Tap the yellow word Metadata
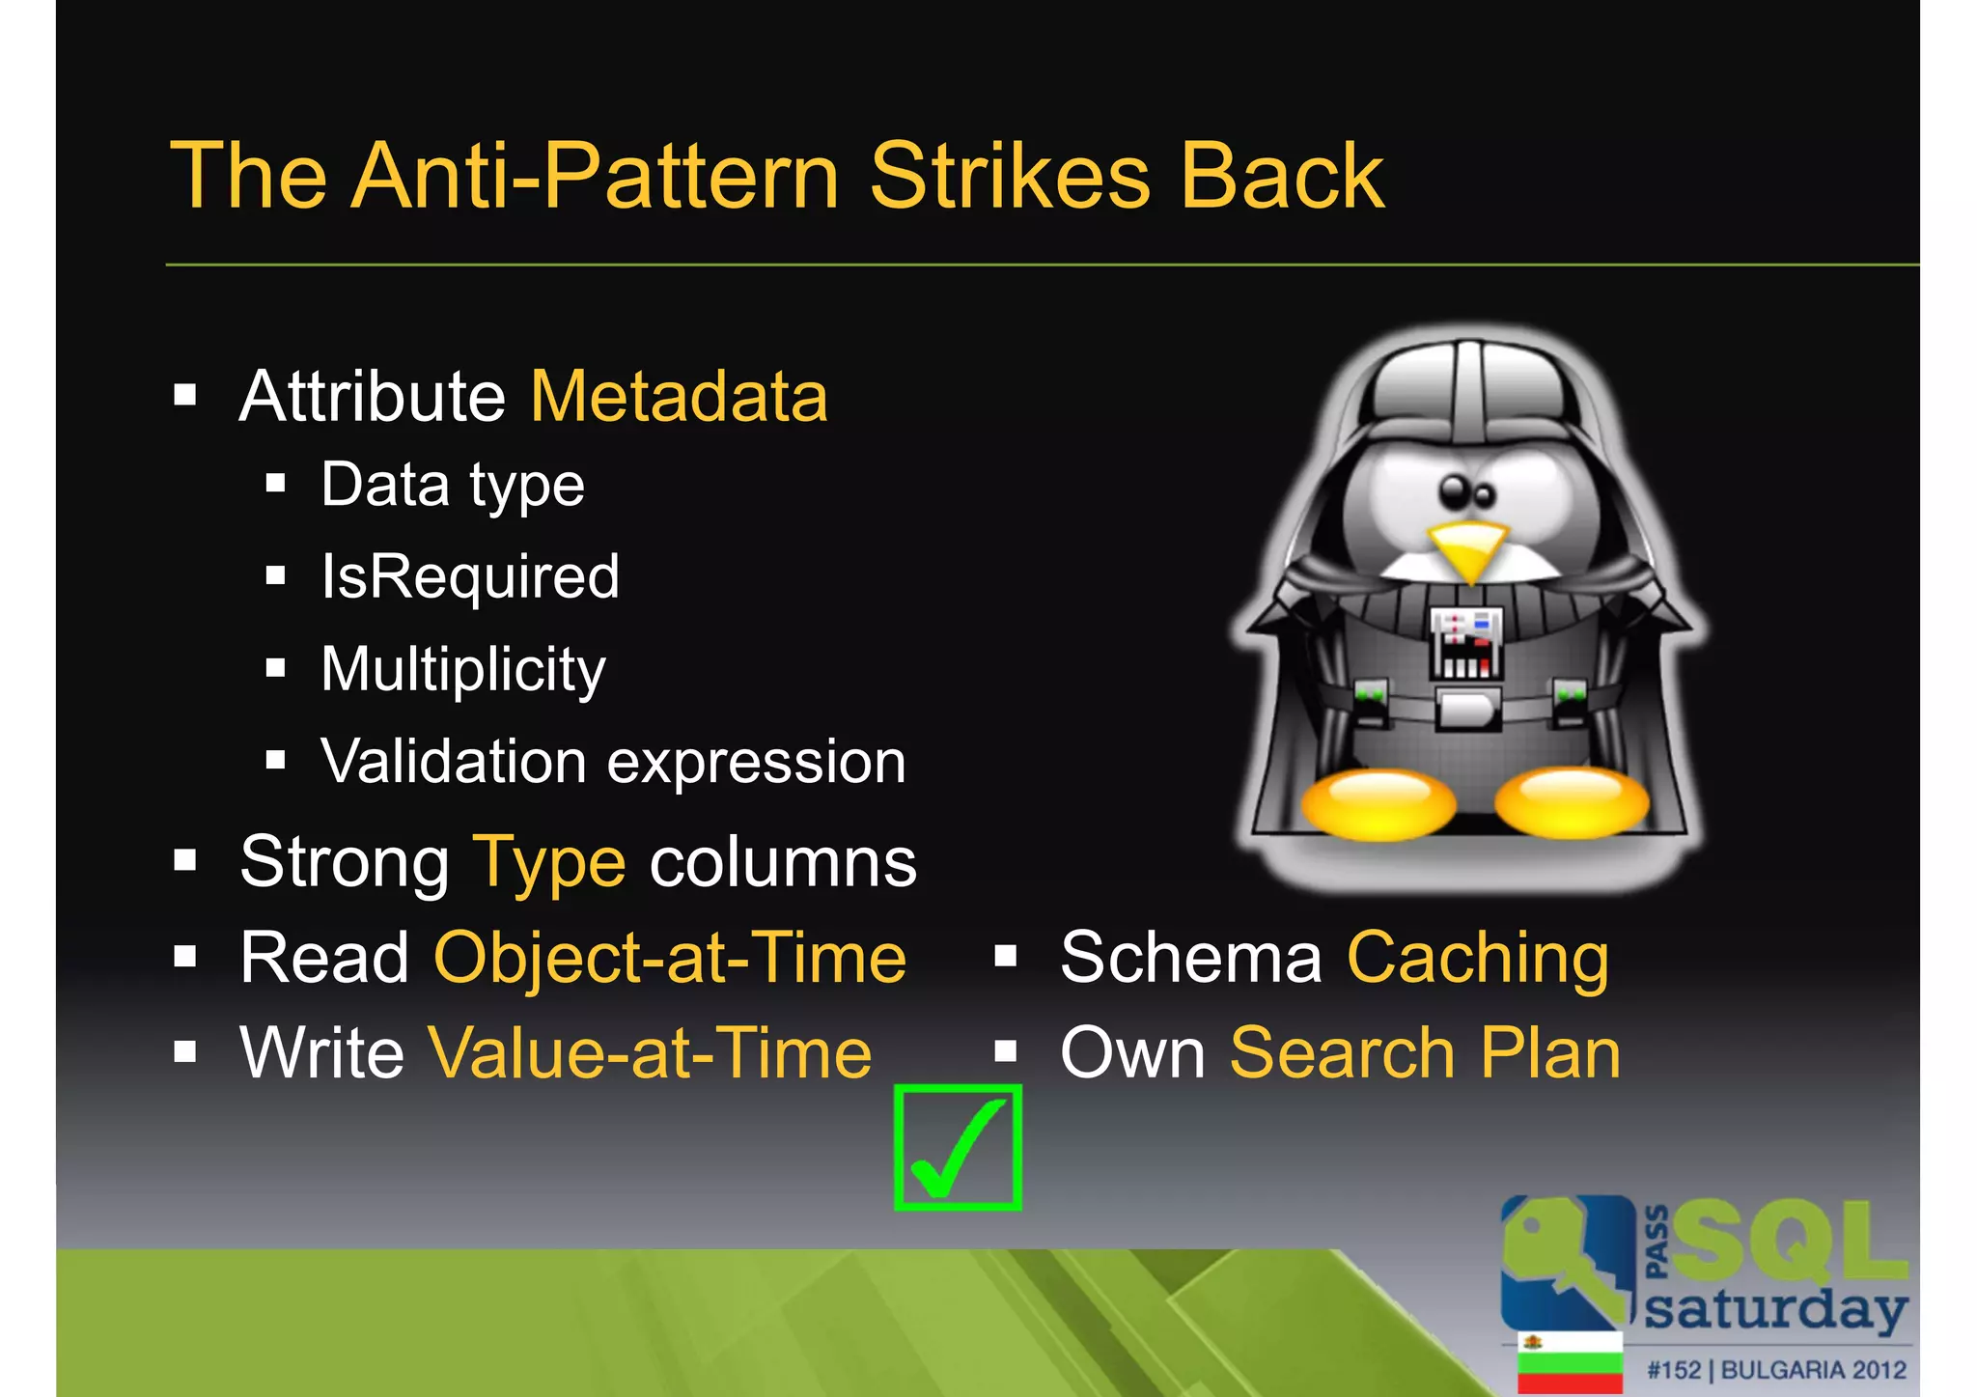pos(679,396)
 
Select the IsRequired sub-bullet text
pos(470,576)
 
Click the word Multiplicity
pos(463,669)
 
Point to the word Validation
pos(453,761)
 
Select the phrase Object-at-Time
pos(670,958)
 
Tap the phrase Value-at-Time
pos(650,1052)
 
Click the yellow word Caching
pos(1478,958)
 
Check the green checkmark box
pos(958,1147)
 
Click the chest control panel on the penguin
pos(1465,642)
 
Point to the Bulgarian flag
pos(1570,1363)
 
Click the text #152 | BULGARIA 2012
pos(1776,1370)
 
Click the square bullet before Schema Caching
pos(1006,957)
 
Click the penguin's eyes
pos(1466,492)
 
